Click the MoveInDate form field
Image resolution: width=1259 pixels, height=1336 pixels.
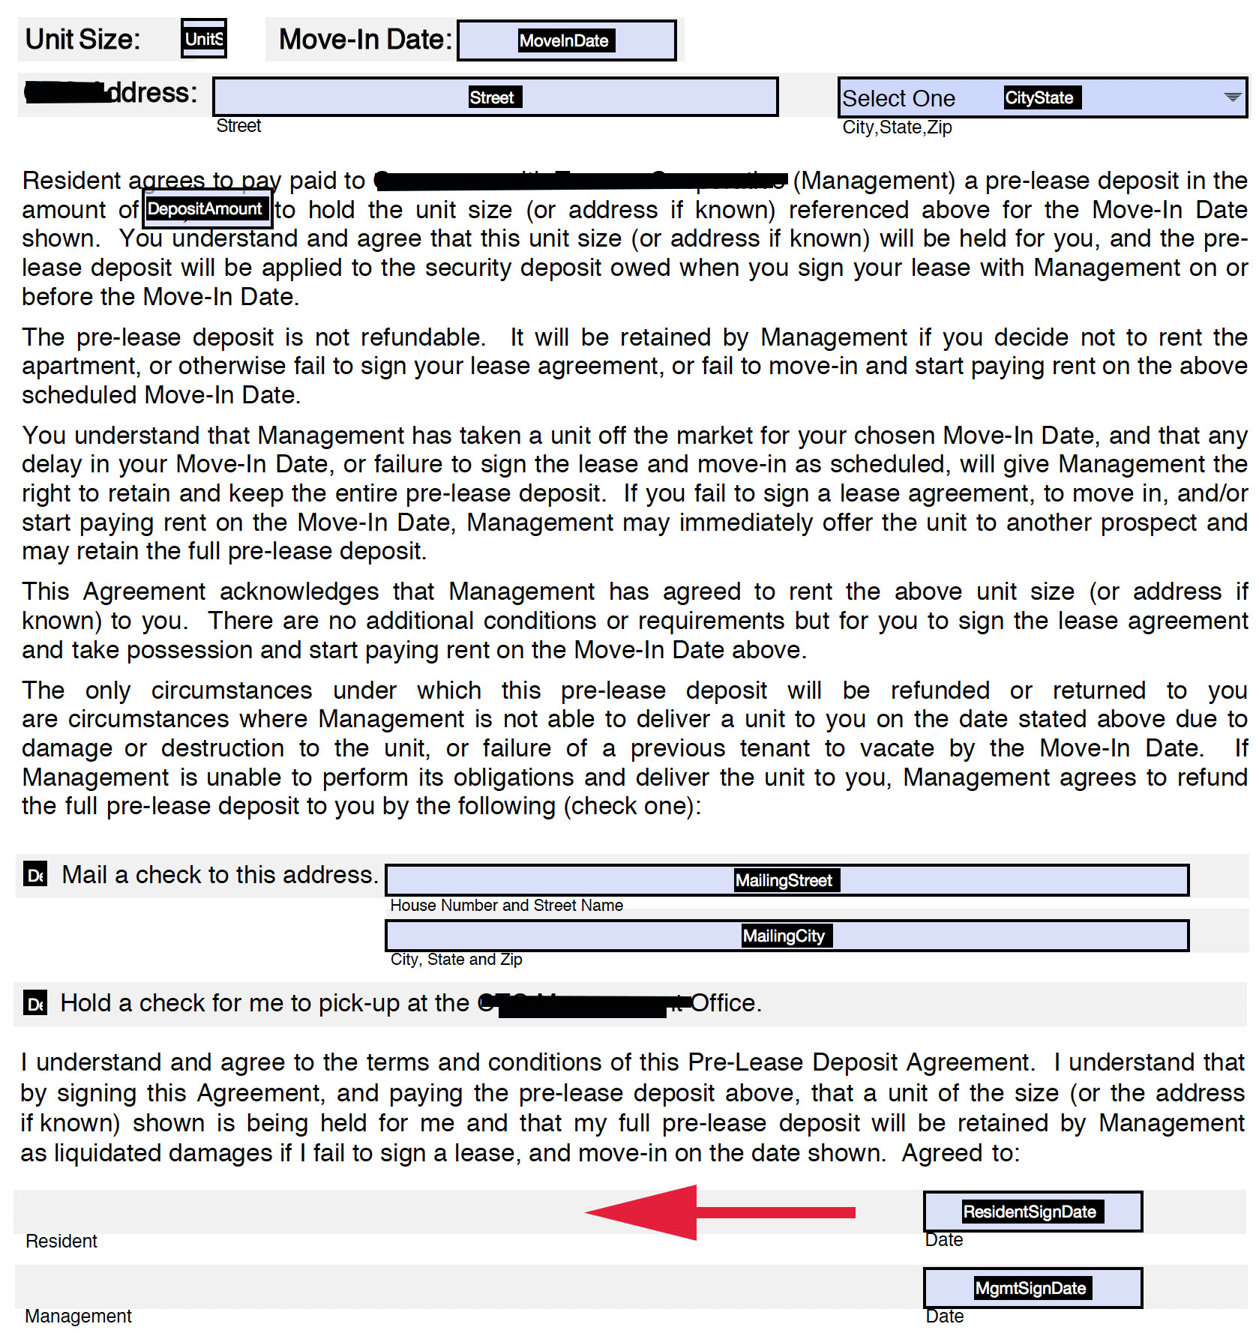point(566,40)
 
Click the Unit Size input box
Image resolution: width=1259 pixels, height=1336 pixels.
point(203,39)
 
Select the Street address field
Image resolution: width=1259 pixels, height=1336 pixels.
point(495,97)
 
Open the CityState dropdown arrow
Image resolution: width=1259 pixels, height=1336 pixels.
point(1231,97)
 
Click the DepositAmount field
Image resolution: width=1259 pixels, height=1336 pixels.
point(205,209)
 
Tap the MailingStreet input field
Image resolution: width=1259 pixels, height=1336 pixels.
point(786,880)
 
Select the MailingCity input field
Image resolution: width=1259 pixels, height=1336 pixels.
point(786,936)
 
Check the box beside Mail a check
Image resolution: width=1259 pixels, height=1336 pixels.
point(35,875)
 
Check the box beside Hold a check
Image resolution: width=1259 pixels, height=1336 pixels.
point(35,1003)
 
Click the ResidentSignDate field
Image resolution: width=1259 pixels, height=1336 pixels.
point(1032,1212)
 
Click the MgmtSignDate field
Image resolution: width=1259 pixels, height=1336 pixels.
point(1032,1288)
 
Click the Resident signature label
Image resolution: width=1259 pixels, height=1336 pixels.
point(61,1242)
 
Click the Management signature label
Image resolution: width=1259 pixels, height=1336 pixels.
point(78,1317)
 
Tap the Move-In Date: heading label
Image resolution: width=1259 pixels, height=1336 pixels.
point(365,40)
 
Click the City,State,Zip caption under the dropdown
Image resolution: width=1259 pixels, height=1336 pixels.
point(897,127)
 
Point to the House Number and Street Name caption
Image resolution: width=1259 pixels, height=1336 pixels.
point(506,906)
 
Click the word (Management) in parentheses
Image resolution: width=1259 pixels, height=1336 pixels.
point(874,181)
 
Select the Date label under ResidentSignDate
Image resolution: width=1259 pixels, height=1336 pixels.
point(943,1240)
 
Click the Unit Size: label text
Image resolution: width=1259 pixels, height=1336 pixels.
point(82,40)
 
